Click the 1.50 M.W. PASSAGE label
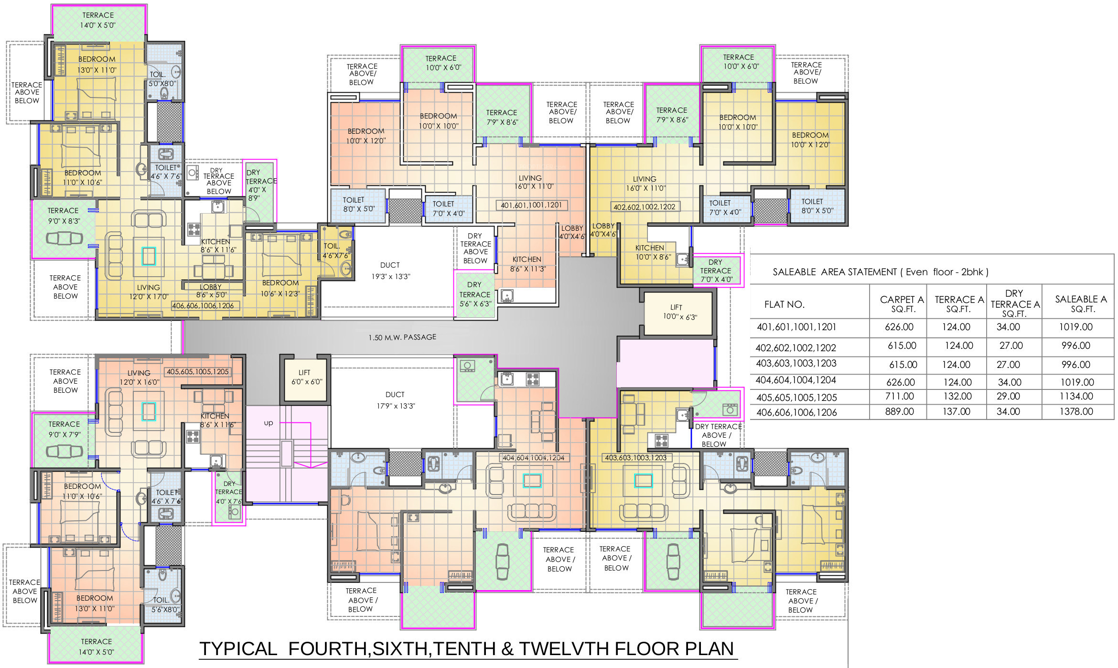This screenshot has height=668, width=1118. [x=402, y=337]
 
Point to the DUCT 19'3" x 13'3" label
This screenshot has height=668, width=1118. [x=390, y=270]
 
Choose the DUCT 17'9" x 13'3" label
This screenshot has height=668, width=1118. [x=396, y=400]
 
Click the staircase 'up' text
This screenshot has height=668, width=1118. [x=269, y=423]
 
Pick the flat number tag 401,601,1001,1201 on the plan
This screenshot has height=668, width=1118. [x=531, y=205]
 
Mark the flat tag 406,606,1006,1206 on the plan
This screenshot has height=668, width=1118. [x=203, y=306]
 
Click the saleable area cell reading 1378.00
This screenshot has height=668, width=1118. [x=1076, y=411]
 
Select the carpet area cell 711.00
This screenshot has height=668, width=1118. [x=900, y=396]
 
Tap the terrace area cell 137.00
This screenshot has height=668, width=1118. [x=956, y=411]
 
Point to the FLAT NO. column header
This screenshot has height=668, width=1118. [x=785, y=304]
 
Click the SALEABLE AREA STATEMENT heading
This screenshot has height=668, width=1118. [x=881, y=272]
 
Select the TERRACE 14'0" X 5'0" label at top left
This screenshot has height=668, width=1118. [x=98, y=20]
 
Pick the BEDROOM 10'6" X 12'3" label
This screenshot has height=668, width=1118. [x=280, y=288]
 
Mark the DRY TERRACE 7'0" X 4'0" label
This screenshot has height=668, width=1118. [x=716, y=270]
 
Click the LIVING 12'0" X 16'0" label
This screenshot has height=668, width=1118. [x=140, y=377]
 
